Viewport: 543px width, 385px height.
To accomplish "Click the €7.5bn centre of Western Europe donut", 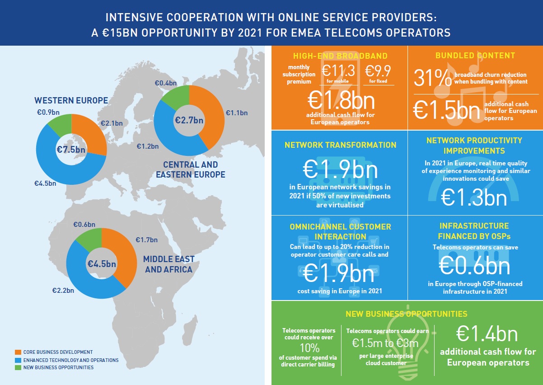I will (71, 150).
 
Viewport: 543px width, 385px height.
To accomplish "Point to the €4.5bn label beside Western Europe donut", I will (45, 183).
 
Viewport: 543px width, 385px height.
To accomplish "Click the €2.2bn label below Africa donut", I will (63, 291).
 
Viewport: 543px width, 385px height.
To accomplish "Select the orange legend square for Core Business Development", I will (18, 352).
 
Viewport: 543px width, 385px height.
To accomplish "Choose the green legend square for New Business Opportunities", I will (18, 367).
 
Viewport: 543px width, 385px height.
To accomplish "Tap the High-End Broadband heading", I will (340, 56).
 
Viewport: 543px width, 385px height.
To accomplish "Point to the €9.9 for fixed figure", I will (378, 72).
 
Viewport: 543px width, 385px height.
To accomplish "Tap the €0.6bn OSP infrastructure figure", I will (474, 266).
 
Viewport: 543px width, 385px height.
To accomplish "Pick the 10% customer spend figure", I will (310, 348).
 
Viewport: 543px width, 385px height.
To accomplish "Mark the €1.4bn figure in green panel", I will (487, 335).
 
